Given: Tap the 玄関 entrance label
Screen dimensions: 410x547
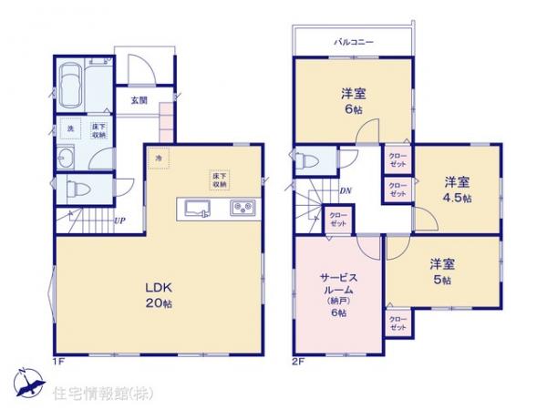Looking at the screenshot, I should (x=139, y=100).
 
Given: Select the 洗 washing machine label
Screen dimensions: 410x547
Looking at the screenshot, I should (x=70, y=128).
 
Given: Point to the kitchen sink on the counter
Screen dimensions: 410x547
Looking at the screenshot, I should (x=199, y=208).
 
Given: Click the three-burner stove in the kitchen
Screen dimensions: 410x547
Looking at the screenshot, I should (x=243, y=208).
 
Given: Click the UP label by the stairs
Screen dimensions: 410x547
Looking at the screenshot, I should (x=119, y=220).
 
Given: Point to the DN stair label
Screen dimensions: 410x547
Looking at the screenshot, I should (x=346, y=190).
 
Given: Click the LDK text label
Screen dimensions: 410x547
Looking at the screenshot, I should (x=158, y=284).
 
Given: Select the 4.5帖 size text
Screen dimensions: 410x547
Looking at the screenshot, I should (x=458, y=197).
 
